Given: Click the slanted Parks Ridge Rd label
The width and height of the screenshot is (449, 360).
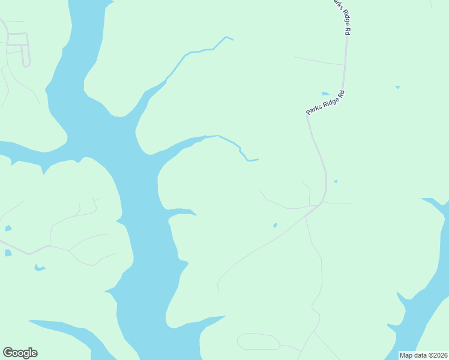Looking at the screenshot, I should [x=324, y=103].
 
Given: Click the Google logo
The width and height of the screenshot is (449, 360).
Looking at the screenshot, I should [x=20, y=353].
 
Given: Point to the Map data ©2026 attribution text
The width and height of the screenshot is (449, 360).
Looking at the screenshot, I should [x=424, y=355].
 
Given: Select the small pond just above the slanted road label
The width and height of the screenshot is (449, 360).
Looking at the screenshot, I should [x=325, y=94].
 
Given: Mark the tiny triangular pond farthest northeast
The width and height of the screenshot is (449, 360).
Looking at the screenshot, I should [x=397, y=88].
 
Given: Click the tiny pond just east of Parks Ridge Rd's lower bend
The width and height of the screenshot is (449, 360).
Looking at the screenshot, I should [x=336, y=181].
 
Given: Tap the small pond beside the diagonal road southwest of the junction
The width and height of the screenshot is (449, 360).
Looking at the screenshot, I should [x=275, y=226].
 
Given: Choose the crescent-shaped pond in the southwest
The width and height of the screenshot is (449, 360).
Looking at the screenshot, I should [x=40, y=268].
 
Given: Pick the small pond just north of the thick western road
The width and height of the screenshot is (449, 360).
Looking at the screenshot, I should [x=8, y=229].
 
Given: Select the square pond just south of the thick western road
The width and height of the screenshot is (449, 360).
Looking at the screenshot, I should [x=8, y=253].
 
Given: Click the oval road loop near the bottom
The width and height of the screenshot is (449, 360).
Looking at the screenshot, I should [x=258, y=341].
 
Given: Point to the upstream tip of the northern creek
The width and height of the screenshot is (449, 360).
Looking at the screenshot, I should [x=232, y=40].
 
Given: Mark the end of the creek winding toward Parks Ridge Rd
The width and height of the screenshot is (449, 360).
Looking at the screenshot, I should [x=257, y=160].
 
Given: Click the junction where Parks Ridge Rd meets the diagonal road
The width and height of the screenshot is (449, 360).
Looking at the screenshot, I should [x=322, y=203].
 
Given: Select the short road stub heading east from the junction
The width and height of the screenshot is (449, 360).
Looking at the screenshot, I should [x=339, y=203].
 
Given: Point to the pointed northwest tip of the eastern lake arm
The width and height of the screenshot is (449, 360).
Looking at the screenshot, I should [x=423, y=199].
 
